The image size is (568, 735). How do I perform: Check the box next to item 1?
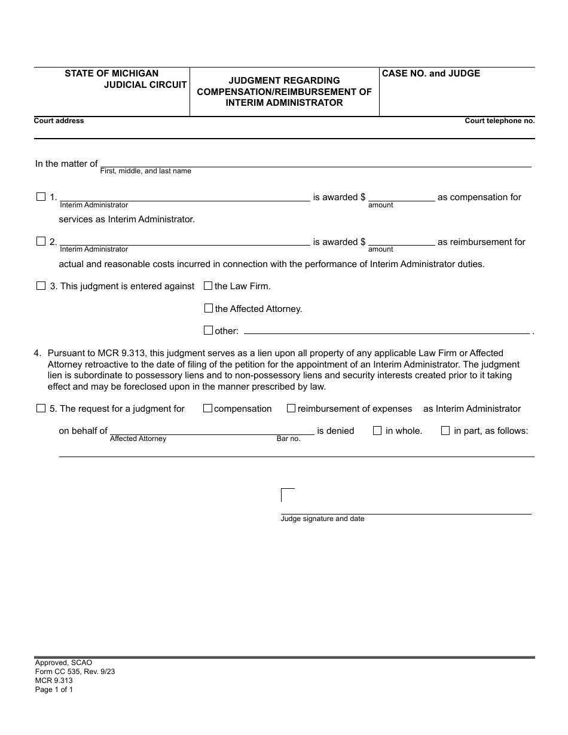click(x=41, y=197)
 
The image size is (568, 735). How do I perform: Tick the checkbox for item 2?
click(x=41, y=241)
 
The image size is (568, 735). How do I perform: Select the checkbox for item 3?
click(x=41, y=286)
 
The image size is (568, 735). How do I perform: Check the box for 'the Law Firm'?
click(x=208, y=286)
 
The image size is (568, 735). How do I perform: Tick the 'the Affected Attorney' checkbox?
click(x=208, y=308)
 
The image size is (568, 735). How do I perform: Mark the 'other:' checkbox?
click(x=208, y=330)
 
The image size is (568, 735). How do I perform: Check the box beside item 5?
click(x=41, y=408)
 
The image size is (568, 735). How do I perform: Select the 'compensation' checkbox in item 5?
click(x=207, y=408)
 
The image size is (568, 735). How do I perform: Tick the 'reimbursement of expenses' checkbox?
click(x=291, y=408)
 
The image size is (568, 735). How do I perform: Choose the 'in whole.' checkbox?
click(x=377, y=430)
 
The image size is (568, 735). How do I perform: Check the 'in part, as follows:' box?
click(x=445, y=430)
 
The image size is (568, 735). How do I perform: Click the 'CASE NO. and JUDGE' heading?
click(x=430, y=73)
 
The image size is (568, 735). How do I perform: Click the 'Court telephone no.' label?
click(x=500, y=121)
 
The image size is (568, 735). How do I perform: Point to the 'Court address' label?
click(x=59, y=121)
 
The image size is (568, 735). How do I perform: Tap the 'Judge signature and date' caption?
click(x=322, y=519)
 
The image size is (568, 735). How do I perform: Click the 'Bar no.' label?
click(x=288, y=439)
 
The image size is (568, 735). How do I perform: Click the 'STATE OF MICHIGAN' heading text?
click(x=112, y=73)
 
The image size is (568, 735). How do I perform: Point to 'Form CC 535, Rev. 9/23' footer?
click(x=75, y=671)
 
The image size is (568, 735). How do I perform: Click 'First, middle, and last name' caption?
click(x=145, y=171)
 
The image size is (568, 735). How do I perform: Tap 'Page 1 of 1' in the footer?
click(x=54, y=689)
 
